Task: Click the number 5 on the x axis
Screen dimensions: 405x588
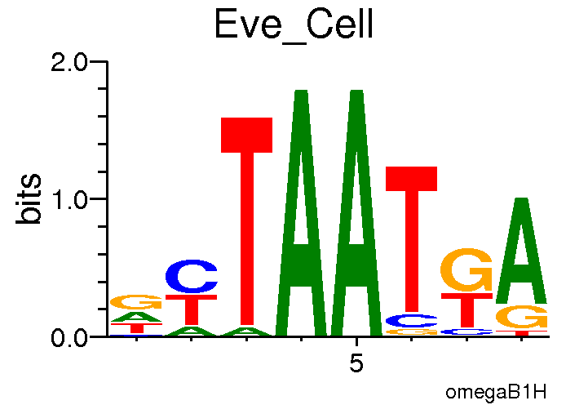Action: coord(356,363)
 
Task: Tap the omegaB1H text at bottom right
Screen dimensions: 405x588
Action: coord(496,392)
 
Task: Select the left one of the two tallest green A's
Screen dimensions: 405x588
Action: coord(302,212)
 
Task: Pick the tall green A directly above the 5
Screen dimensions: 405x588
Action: coord(356,212)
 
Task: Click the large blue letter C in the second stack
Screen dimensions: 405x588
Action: coord(192,277)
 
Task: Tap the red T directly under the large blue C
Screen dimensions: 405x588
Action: coord(192,309)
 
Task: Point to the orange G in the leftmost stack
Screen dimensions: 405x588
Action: coord(136,301)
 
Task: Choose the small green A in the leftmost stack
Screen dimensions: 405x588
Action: coord(136,316)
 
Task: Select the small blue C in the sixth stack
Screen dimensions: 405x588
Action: coord(411,320)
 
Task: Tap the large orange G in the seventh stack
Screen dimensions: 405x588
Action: coord(466,270)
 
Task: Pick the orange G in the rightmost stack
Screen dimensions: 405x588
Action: coord(521,317)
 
